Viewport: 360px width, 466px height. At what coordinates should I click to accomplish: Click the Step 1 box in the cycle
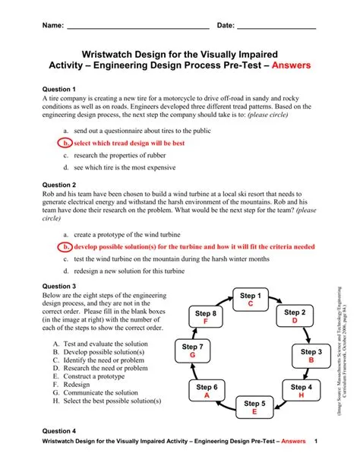click(250, 299)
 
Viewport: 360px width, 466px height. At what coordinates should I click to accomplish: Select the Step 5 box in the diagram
click(254, 407)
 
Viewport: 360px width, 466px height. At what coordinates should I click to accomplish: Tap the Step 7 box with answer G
click(193, 350)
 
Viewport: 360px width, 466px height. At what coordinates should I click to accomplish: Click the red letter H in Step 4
click(302, 396)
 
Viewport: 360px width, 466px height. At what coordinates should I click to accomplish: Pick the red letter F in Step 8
click(205, 322)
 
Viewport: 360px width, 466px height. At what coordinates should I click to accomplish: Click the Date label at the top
click(226, 26)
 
